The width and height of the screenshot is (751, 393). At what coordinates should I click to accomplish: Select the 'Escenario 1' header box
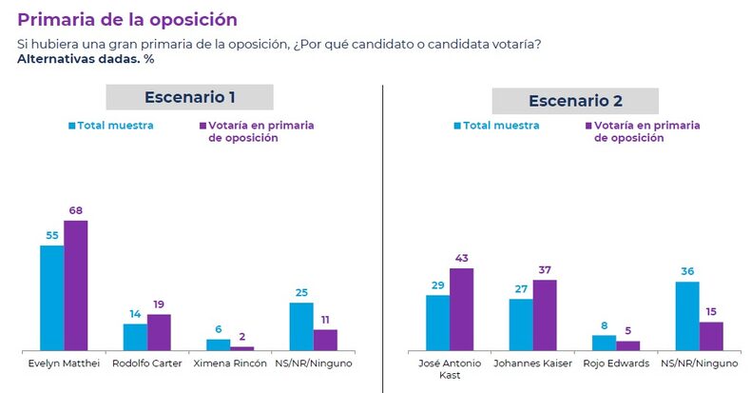point(189,97)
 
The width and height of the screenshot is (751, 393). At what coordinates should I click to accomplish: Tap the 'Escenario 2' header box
point(574,101)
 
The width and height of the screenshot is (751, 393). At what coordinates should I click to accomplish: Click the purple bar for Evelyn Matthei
point(75,285)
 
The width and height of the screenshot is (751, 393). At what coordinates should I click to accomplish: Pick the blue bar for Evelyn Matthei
point(51,298)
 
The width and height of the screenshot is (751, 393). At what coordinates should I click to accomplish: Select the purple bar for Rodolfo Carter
point(159,332)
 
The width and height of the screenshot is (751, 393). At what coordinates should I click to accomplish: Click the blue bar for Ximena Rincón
point(219,344)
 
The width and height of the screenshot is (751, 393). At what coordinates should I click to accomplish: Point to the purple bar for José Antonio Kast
point(461,309)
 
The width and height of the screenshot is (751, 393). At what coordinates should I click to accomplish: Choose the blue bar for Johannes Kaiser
point(521,324)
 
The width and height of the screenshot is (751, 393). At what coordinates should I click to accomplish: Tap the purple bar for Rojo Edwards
point(627,345)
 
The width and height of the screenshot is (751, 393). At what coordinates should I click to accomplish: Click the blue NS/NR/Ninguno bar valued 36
point(687,316)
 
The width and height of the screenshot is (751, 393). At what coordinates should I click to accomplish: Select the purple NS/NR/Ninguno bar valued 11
point(325,340)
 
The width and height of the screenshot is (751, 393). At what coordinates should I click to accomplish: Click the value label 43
point(461,259)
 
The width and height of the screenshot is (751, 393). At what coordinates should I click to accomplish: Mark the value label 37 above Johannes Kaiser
point(545,271)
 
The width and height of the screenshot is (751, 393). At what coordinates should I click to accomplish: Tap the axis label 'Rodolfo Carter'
point(147,364)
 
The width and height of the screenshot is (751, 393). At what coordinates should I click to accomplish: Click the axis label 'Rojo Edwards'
point(616,364)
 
